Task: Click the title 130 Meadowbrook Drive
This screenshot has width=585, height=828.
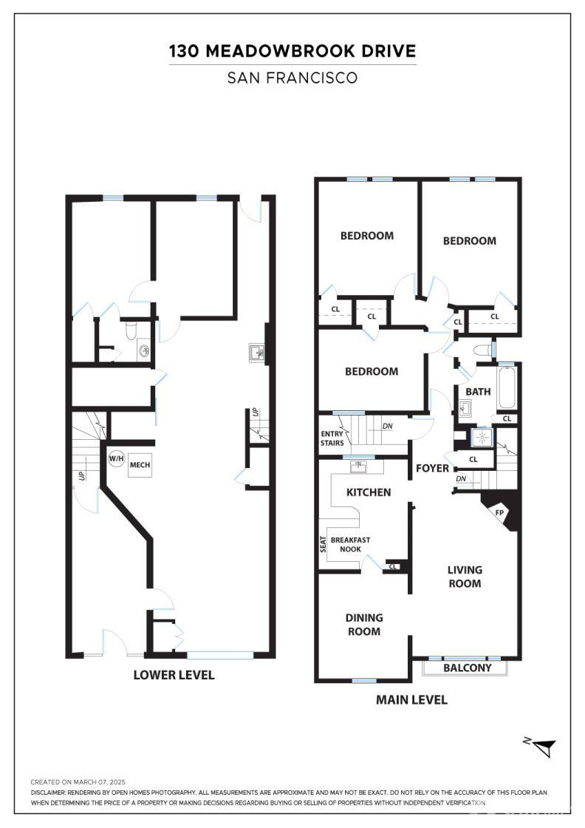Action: [x=292, y=52]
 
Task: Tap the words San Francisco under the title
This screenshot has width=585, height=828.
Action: [x=292, y=77]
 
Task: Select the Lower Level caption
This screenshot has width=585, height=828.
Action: [x=174, y=674]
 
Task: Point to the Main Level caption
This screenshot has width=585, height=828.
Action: [x=411, y=699]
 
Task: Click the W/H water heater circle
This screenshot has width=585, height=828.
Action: [x=117, y=459]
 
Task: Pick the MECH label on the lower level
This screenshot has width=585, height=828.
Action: [x=140, y=465]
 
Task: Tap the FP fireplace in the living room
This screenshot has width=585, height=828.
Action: [x=500, y=512]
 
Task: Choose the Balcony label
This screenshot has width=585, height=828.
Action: [x=467, y=668]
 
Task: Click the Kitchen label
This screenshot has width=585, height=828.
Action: [x=369, y=492]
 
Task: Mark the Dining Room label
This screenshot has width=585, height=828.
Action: [x=364, y=625]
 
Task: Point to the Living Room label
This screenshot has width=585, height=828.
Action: [x=465, y=577]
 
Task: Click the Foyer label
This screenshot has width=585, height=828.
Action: [x=432, y=468]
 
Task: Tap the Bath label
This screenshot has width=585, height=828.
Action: [x=478, y=391]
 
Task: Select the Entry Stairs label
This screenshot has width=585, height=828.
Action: [x=332, y=438]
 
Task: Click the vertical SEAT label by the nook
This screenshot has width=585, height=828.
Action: [x=323, y=545]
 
